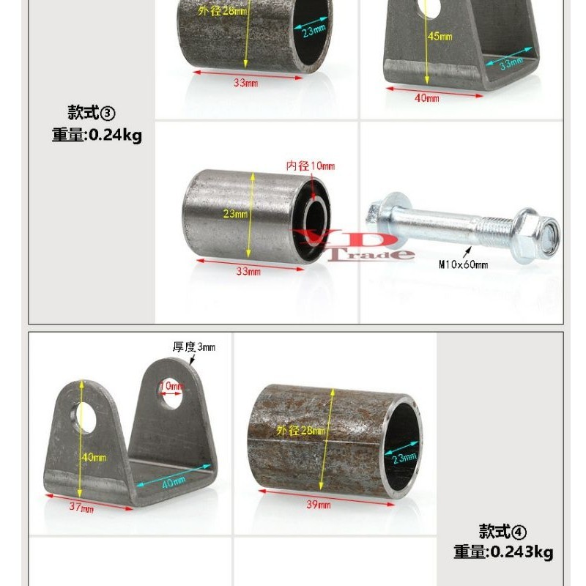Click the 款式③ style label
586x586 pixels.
(92, 113)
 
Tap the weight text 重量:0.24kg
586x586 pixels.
(97, 136)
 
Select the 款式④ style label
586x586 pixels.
(503, 531)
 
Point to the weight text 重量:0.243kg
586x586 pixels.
(503, 552)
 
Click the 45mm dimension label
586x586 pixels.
(441, 37)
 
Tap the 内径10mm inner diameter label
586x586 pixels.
(310, 166)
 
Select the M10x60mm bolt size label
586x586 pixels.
(463, 264)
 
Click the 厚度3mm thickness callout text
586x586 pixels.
(194, 346)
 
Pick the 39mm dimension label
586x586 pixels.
(319, 505)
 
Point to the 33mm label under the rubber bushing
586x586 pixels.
(248, 272)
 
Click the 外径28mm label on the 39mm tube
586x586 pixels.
(300, 431)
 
